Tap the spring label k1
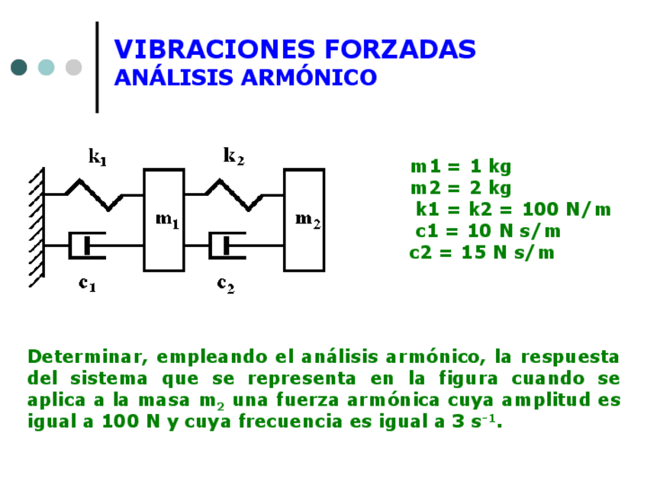98,158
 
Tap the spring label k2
233,156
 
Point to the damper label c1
88,284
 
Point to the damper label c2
225,284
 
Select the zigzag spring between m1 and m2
234,194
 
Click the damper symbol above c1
88,245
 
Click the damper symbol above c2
227,245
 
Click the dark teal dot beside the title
19,67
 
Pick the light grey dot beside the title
73,67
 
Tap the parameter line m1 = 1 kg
460,166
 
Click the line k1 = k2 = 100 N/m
513,210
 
